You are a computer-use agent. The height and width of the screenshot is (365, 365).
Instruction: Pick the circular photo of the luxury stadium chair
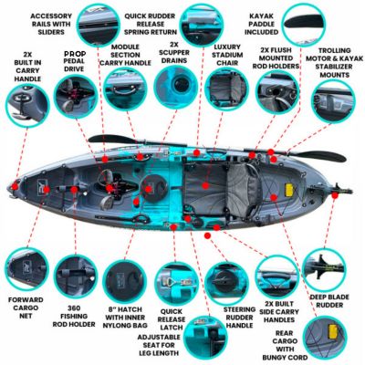click(223, 91)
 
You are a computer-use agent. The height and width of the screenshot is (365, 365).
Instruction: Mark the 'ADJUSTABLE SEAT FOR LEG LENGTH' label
click(179, 345)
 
